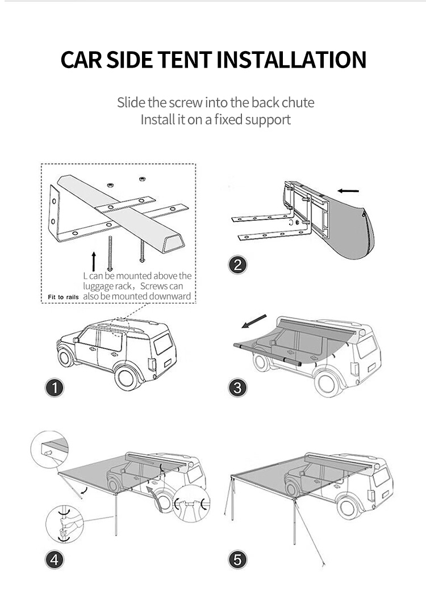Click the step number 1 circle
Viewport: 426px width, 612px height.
point(55,388)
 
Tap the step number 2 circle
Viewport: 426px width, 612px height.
point(237,265)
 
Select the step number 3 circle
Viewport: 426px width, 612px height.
point(237,388)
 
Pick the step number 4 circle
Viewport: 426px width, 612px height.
point(55,560)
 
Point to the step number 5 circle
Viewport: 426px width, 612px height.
point(237,560)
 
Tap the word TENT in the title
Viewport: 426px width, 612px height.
point(182,60)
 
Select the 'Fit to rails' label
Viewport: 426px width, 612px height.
point(62,297)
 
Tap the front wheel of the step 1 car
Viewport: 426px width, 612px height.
point(66,357)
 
